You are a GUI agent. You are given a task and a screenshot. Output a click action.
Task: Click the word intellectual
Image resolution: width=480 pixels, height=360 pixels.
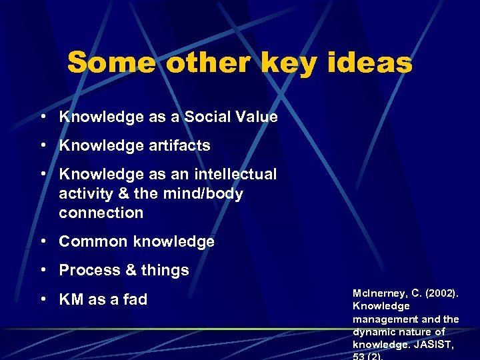[x=235, y=174]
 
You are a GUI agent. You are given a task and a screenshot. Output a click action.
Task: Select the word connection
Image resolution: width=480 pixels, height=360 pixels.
[x=101, y=213]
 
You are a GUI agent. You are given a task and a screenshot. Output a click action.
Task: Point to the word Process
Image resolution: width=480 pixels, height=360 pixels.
[x=87, y=270]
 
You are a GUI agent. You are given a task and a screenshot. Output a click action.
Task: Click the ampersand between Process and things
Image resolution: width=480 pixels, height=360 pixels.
[x=128, y=270]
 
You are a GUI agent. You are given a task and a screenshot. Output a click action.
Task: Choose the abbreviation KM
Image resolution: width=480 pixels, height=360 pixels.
[x=71, y=299]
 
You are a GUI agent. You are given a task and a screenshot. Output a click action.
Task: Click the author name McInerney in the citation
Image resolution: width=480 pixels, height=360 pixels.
[x=378, y=293]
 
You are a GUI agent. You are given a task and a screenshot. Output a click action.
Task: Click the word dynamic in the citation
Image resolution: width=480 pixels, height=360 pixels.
[x=374, y=331]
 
